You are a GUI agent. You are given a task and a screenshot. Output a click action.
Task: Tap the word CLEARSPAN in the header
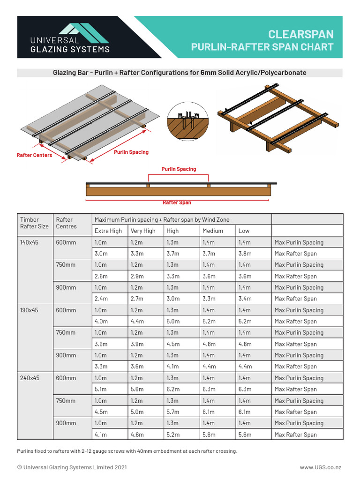(x=300, y=34)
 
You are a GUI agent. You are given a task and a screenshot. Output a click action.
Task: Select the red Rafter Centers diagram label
(x=34, y=155)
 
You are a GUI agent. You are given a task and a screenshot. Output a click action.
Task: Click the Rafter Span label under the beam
(x=177, y=202)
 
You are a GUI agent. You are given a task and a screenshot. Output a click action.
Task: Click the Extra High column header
(x=108, y=231)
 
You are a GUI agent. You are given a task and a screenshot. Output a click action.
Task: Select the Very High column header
(x=143, y=231)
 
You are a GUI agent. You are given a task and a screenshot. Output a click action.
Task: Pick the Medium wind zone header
(x=213, y=231)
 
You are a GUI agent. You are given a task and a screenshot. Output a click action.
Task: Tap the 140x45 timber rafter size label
(x=29, y=242)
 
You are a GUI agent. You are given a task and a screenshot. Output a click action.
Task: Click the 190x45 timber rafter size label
(x=29, y=310)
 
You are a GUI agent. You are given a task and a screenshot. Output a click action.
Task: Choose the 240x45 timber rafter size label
(x=29, y=378)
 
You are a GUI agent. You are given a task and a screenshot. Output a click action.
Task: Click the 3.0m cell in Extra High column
(x=101, y=254)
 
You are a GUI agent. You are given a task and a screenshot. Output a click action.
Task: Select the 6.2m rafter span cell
(x=172, y=389)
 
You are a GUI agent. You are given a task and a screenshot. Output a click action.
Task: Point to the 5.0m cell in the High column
(x=172, y=322)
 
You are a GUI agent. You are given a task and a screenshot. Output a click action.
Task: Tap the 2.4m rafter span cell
(x=101, y=299)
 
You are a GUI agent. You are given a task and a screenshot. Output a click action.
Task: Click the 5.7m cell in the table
(x=172, y=412)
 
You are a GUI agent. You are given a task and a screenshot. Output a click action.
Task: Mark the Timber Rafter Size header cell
(x=34, y=223)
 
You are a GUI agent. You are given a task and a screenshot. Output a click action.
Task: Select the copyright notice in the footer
(x=72, y=467)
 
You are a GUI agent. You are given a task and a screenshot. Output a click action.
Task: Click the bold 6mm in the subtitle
(x=208, y=73)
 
